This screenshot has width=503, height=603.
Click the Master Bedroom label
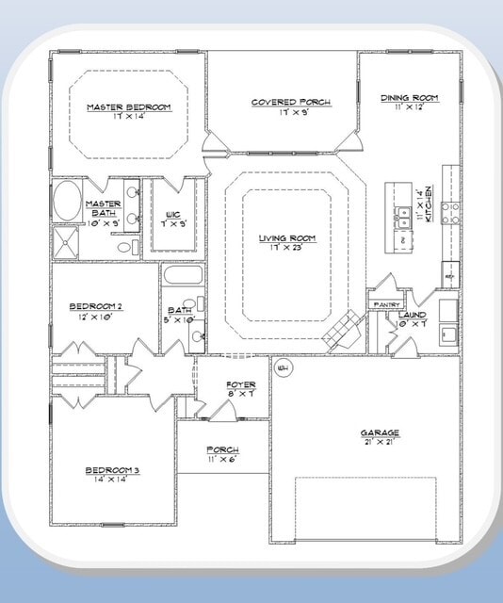tap(128, 107)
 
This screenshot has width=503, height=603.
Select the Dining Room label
tap(410, 97)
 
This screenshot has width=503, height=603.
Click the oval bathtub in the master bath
tap(67, 202)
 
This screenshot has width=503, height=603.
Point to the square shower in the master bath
tap(67, 243)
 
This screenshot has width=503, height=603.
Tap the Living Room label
tap(287, 238)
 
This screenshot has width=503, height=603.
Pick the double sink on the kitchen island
tap(403, 212)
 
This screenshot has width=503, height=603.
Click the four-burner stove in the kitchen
tap(450, 213)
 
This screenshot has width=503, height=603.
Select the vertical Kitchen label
tap(427, 206)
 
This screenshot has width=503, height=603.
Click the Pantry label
tap(387, 304)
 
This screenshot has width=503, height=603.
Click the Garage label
tap(380, 433)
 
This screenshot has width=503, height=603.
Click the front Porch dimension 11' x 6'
tap(222, 460)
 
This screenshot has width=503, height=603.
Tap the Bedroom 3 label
tap(112, 469)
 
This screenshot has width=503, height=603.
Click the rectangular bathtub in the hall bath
tap(182, 276)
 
